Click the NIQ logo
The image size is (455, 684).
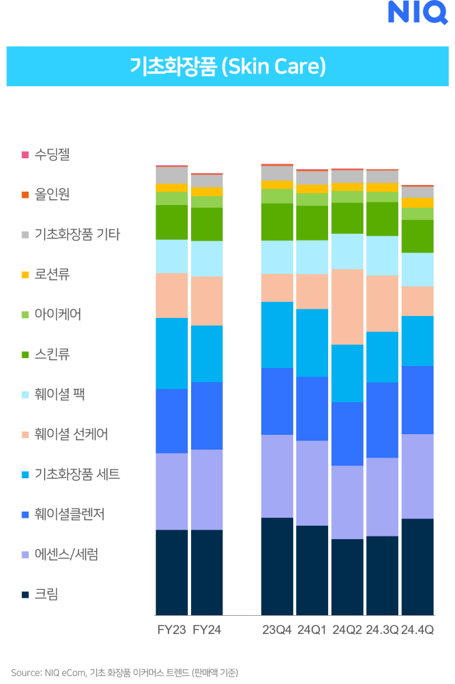coord(418,11)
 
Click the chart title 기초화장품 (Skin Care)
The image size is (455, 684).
coord(227,67)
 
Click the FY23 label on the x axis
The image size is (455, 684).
coord(172,630)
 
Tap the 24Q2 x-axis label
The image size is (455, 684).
coord(347,630)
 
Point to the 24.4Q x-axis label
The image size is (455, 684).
coord(418,630)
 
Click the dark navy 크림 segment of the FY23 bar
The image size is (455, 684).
coord(172,572)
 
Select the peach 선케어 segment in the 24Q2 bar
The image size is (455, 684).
coord(347,307)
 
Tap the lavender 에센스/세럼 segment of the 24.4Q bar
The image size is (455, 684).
coord(418,476)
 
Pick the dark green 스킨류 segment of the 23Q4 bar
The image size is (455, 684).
coord(277,222)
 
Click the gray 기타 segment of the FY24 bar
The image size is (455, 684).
coord(207,181)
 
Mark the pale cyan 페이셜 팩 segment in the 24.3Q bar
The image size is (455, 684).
coord(382,255)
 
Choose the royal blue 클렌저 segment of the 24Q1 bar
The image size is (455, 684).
coord(312,408)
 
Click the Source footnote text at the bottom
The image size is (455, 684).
coord(124,672)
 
